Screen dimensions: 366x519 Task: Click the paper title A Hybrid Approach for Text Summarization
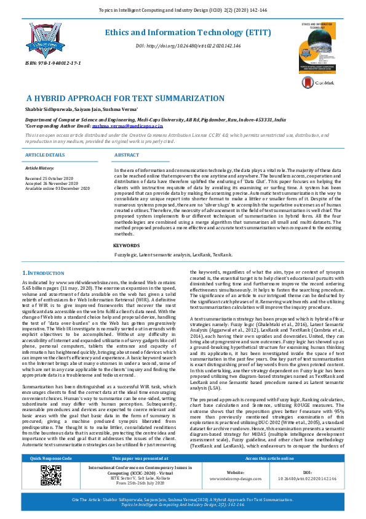pyautogui.click(x=116, y=99)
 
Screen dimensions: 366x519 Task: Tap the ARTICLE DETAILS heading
pyautogui.click(x=44, y=155)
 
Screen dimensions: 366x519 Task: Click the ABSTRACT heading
pyautogui.click(x=127, y=155)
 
